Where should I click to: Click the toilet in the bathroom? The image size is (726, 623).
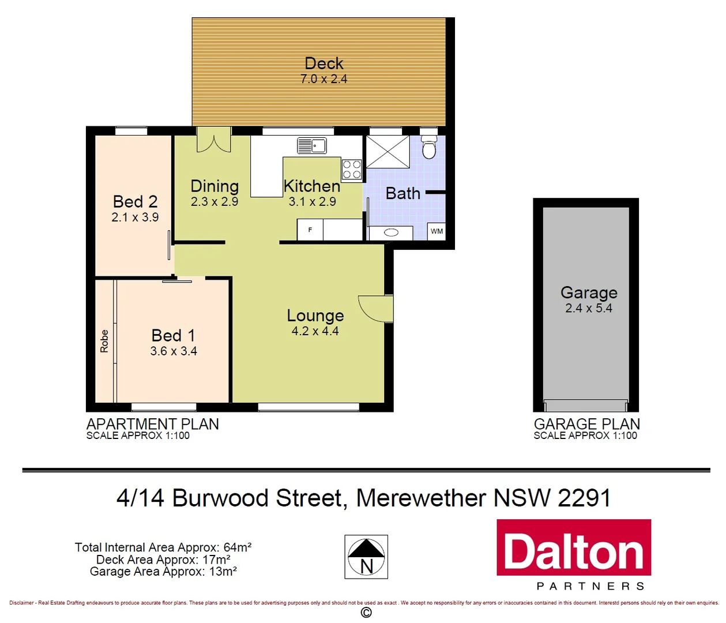click(428, 148)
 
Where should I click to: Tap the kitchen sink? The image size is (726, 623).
click(312, 145)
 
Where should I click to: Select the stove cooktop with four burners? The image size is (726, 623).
click(352, 170)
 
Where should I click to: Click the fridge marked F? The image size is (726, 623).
click(310, 230)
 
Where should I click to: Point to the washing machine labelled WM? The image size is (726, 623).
click(437, 231)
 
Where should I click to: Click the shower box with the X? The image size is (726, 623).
click(388, 152)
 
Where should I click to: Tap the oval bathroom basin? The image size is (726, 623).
click(391, 232)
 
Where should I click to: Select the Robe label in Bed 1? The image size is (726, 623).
click(104, 341)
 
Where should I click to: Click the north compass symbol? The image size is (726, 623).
click(366, 557)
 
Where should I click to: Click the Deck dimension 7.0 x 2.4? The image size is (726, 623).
click(323, 79)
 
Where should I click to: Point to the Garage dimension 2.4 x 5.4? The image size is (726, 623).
click(588, 308)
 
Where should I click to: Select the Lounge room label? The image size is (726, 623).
click(315, 316)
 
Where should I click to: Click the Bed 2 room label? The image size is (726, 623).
click(135, 201)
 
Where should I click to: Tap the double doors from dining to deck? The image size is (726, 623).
click(213, 140)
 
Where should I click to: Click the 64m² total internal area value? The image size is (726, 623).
click(237, 547)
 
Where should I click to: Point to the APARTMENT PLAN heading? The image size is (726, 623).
click(153, 424)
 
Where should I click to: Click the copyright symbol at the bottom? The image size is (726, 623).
click(366, 613)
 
